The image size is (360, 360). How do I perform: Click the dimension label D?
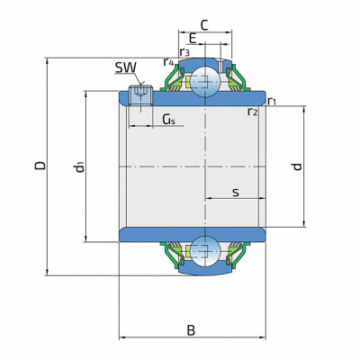pos(40,166)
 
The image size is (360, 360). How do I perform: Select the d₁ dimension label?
pos(79,166)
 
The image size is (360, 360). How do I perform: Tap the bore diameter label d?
pos(297,166)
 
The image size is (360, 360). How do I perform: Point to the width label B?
pos(191,330)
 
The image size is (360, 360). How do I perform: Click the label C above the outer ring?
pos(204,25)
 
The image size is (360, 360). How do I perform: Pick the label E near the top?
pos(193,39)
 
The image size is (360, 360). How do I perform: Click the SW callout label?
pos(125,67)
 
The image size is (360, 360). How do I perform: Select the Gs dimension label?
pos(168,120)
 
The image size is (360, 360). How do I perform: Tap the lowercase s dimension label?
pos(236,193)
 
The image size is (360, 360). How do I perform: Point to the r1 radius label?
pos(272,101)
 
